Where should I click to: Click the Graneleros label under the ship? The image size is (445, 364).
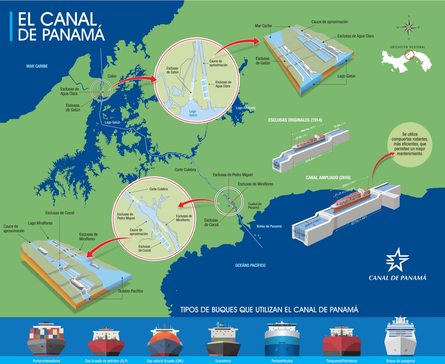[223, 361]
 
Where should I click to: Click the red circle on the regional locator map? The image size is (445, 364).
[410, 54]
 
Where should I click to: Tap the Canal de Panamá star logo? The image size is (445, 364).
[397, 259]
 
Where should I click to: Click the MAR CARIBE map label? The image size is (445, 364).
[37, 66]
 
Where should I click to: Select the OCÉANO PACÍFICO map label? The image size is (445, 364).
[250, 265]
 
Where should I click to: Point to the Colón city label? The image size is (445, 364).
[112, 76]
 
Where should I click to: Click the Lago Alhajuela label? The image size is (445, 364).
[246, 108]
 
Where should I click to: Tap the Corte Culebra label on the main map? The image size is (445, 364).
[185, 170]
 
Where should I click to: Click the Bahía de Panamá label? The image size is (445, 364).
[269, 226]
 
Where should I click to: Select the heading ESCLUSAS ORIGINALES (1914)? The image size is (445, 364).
[295, 120]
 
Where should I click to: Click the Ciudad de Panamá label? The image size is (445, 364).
[255, 206]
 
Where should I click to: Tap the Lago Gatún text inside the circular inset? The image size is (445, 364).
[193, 113]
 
